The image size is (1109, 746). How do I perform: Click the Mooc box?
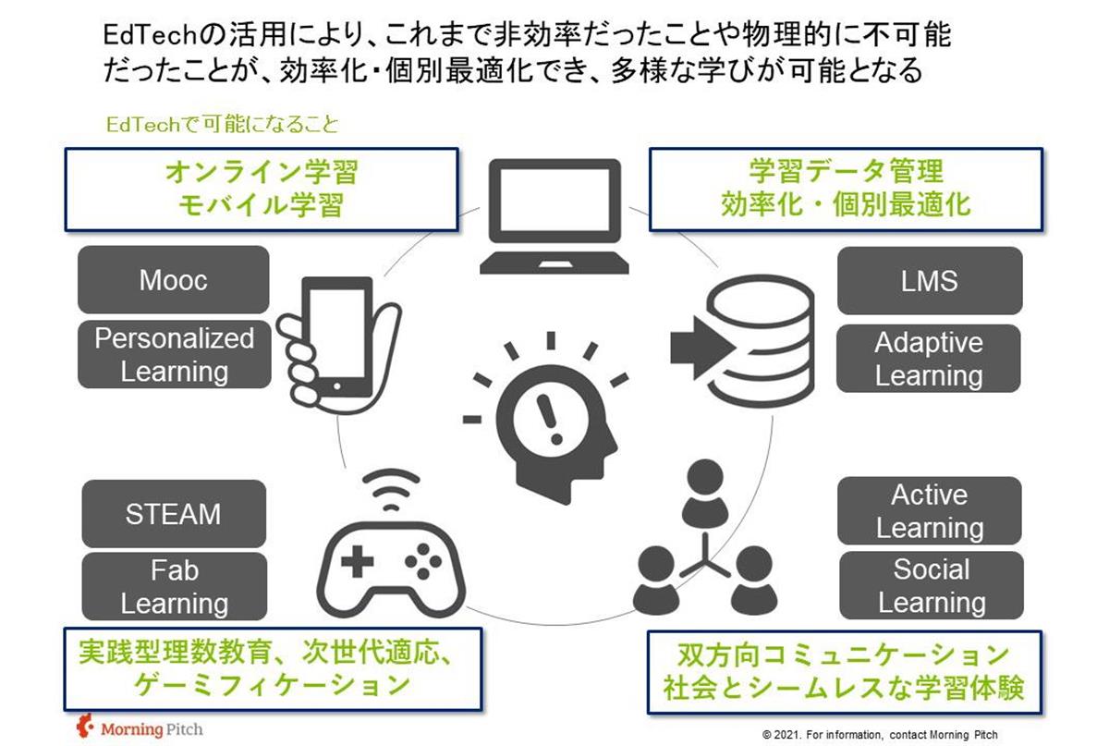[174, 280]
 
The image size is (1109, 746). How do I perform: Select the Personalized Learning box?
[174, 355]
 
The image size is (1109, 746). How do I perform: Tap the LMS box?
[929, 281]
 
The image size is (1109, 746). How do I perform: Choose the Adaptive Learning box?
[929, 359]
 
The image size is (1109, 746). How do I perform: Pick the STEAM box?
[174, 514]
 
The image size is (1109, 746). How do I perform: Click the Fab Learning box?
[174, 587]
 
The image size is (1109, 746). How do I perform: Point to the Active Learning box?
[929, 511]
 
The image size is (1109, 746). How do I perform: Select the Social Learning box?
[931, 586]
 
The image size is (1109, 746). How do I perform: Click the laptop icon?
[554, 218]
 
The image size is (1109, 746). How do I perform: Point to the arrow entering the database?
[699, 347]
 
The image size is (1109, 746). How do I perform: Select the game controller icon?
[392, 564]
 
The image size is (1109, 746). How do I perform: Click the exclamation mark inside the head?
[554, 416]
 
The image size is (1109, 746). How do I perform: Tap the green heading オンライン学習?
[260, 173]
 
